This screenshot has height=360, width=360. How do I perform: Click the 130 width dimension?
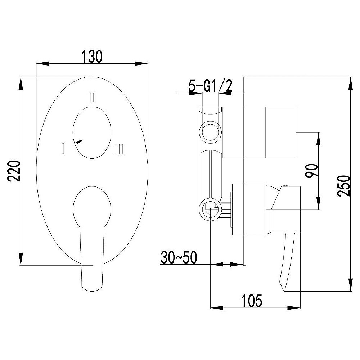tap(92, 57)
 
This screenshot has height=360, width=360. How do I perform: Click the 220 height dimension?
tap(14, 171)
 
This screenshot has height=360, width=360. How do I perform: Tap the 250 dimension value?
tap(344, 186)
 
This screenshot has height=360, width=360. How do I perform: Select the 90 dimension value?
tap(312, 171)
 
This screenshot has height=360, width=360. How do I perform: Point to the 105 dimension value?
tap(252, 301)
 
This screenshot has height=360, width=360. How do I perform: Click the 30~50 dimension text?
tap(179, 257)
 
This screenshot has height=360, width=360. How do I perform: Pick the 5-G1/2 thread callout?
tap(211, 86)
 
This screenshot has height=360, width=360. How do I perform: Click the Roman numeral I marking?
tap(63, 148)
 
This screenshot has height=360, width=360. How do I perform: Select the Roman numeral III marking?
tap(120, 149)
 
